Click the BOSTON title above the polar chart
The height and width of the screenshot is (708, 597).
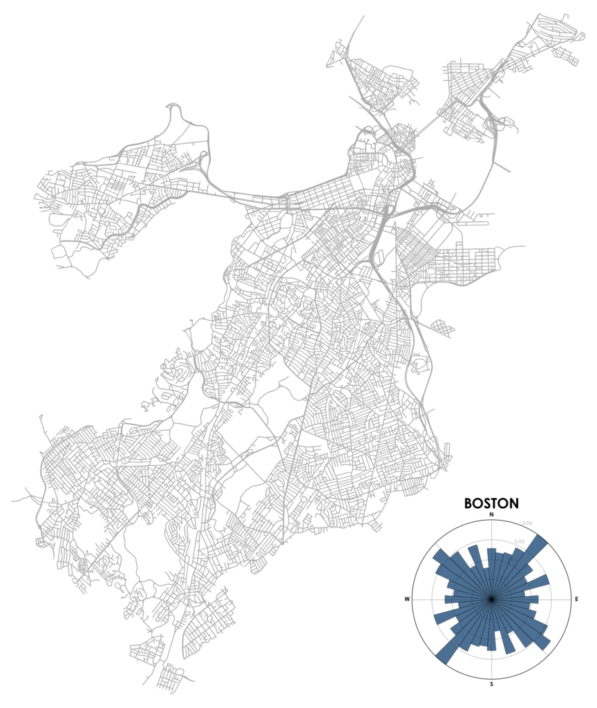coord(491,503)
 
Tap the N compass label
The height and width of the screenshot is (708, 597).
coord(491,516)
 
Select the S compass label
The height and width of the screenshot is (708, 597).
coord(491,684)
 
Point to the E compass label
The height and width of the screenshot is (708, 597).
coord(576,599)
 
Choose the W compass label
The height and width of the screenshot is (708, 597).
coord(408,599)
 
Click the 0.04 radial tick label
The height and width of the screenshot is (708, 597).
coord(528,523)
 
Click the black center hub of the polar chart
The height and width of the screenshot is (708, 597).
coord(491,599)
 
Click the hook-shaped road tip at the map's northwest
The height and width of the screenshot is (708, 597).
coord(173,108)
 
